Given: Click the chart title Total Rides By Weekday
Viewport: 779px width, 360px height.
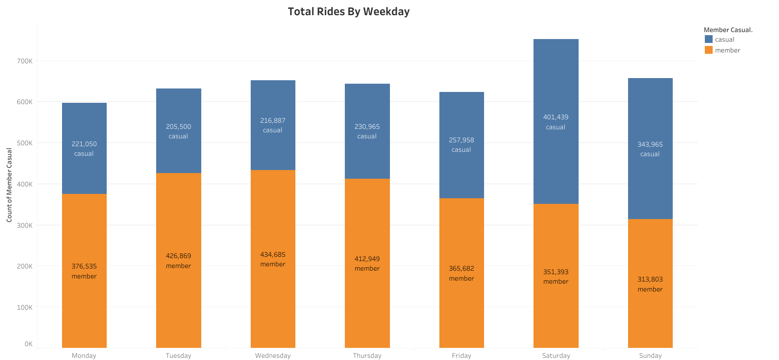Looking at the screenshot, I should click(348, 12).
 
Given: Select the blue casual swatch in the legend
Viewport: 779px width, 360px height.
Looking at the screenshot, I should click(709, 39).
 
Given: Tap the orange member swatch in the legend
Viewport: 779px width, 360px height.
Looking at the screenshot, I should click(709, 50).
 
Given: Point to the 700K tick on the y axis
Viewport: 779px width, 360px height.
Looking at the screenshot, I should click(25, 61).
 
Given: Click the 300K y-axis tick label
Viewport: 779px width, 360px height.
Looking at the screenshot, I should click(25, 226).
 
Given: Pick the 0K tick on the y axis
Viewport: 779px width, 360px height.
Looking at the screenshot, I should click(29, 344).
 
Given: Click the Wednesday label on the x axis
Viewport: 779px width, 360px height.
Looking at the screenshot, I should click(273, 356).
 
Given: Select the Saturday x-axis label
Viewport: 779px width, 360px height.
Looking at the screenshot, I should click(556, 356).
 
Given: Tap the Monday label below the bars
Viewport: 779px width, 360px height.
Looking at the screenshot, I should click(84, 356).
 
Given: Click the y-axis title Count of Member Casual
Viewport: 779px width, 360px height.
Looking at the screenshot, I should click(9, 185).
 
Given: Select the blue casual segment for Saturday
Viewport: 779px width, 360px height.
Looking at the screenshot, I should click(556, 87).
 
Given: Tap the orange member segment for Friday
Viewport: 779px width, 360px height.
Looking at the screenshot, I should click(462, 312).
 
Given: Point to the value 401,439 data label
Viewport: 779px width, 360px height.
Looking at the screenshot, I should click(556, 117).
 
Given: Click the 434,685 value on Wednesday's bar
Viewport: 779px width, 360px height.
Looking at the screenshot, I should click(273, 255).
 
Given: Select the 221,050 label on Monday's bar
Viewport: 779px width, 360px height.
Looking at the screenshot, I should click(84, 144).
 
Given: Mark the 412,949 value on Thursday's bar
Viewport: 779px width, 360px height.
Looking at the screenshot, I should click(367, 259).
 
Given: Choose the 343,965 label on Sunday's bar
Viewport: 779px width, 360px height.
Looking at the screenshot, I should click(650, 144).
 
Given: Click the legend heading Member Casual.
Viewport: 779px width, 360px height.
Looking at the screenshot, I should click(728, 30).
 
